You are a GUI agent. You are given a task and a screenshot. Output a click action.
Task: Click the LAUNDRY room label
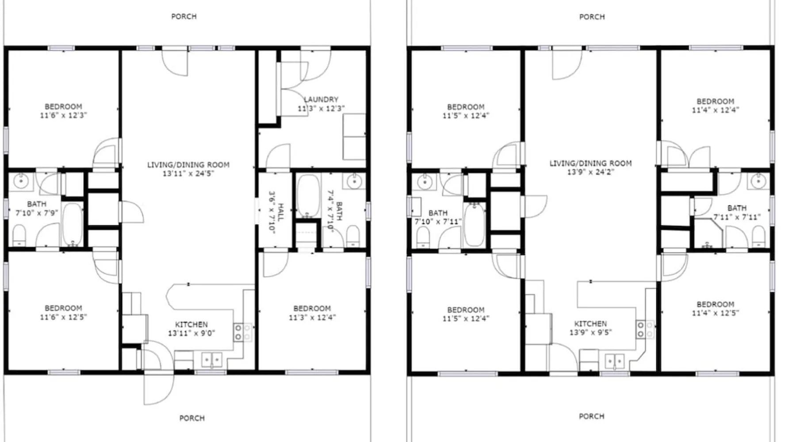pyautogui.click(x=321, y=99)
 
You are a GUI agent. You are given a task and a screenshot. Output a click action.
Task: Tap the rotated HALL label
pyautogui.click(x=280, y=212)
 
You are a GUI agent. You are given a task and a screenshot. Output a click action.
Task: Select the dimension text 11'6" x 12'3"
pyautogui.click(x=63, y=115)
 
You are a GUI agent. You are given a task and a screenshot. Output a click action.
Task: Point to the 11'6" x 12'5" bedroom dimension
pyautogui.click(x=63, y=317)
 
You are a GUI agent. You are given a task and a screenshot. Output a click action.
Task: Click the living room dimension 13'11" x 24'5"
pyautogui.click(x=188, y=174)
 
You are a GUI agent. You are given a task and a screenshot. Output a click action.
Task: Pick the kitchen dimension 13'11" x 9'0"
pyautogui.click(x=191, y=333)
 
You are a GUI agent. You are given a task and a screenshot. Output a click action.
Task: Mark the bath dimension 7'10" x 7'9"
pyautogui.click(x=37, y=213)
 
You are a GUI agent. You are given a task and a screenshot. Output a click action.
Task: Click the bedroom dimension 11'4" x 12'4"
pyautogui.click(x=715, y=110)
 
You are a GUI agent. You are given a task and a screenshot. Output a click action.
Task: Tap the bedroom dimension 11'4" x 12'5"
pyautogui.click(x=715, y=313)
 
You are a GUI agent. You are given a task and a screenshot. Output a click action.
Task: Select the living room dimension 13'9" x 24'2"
pyautogui.click(x=590, y=172)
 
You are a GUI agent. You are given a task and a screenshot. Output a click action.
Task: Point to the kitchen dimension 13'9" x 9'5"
pyautogui.click(x=590, y=332)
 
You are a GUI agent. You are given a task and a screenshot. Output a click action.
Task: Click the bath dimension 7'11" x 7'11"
pyautogui.click(x=737, y=217)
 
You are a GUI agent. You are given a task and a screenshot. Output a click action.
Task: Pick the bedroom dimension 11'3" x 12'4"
pyautogui.click(x=312, y=317)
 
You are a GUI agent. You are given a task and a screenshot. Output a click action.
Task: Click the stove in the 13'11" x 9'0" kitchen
pyautogui.click(x=243, y=332)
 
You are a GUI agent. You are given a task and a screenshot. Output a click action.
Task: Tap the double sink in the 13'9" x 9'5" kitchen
pyautogui.click(x=614, y=361)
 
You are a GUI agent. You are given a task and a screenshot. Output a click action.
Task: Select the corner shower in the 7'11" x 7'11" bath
pyautogui.click(x=708, y=233)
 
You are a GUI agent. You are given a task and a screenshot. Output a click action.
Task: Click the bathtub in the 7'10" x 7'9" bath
pyautogui.click(x=73, y=225)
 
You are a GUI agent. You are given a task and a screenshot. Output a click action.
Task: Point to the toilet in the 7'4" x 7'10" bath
pyautogui.click(x=353, y=236)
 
